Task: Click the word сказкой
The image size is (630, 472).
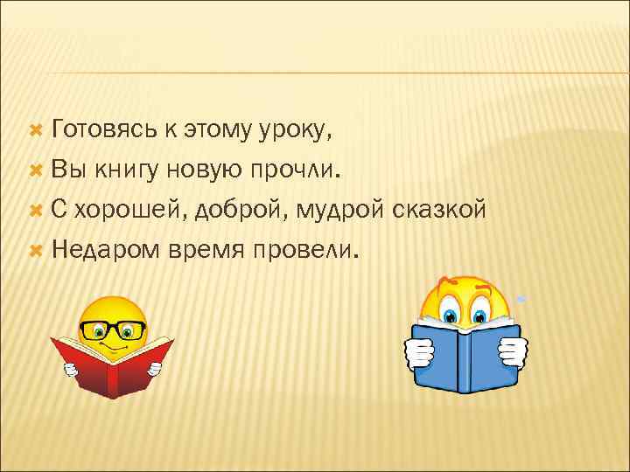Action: [437, 211]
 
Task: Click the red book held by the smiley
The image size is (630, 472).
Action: [112, 367]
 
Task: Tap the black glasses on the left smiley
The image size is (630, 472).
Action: [113, 330]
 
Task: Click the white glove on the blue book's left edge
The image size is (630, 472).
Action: [419, 354]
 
